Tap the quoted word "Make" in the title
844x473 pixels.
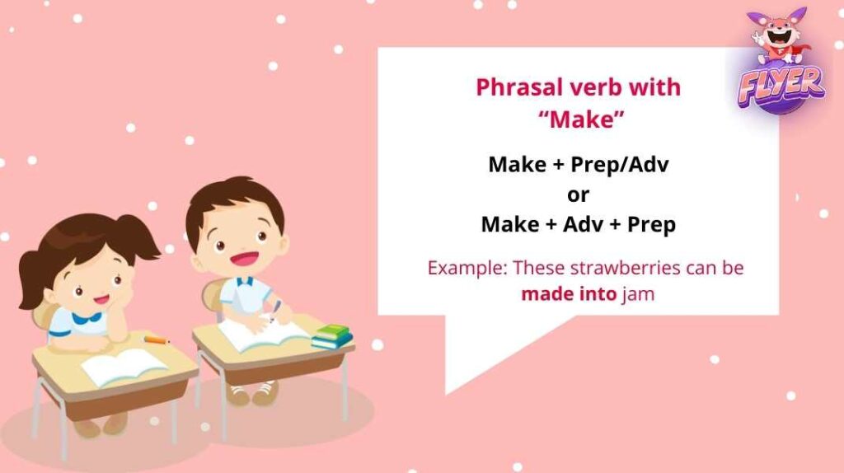point(579,118)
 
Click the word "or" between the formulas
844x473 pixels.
point(579,194)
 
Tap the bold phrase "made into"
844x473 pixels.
point(568,293)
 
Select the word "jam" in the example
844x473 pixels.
point(638,293)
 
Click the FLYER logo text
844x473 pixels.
point(781,82)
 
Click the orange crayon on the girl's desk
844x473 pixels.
point(156,339)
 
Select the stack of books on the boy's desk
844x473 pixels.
point(331,335)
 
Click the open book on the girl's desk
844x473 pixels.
point(124,367)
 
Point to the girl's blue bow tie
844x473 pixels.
point(86,317)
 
